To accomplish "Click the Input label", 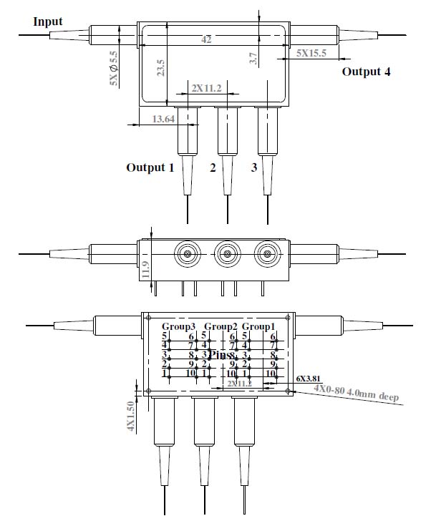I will click(x=48, y=21).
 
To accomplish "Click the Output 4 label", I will click(x=366, y=72).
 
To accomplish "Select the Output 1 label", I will click(x=150, y=168).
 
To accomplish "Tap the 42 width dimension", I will click(x=206, y=40).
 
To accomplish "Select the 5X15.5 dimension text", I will click(x=311, y=54).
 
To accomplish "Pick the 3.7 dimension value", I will click(x=253, y=59).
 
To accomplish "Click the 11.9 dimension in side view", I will click(x=145, y=268).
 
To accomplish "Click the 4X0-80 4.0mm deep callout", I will click(x=356, y=392).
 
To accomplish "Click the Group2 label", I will click(x=221, y=326).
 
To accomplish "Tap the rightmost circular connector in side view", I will click(x=269, y=253).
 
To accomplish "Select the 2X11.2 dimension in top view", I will click(x=207, y=88).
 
